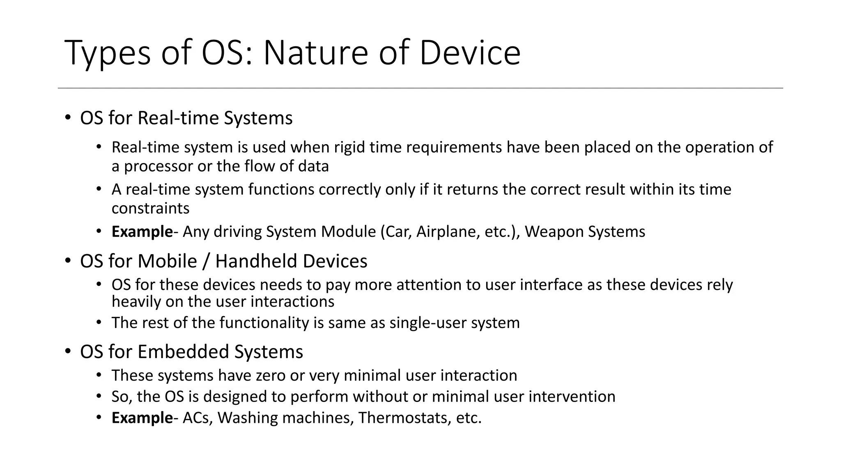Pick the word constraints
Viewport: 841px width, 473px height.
pyautogui.click(x=150, y=209)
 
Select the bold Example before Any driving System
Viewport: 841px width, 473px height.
pyautogui.click(x=142, y=232)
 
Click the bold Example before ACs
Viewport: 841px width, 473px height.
pyautogui.click(x=142, y=418)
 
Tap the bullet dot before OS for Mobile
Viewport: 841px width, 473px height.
pyautogui.click(x=68, y=261)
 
